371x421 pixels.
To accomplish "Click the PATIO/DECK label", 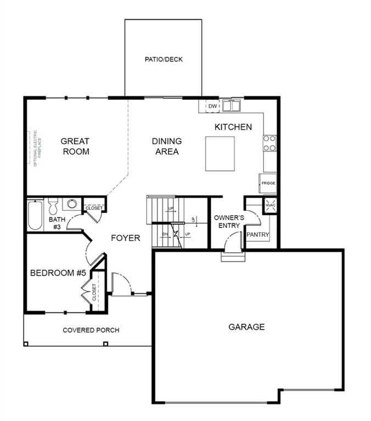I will pos(164,59).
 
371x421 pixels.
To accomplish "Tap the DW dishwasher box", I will pos(213,106).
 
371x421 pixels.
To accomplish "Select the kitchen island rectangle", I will pos(220,153).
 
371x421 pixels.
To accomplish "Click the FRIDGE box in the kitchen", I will pos(268,183).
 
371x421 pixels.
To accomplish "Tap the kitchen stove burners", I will pos(269,143).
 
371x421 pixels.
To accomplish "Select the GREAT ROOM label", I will pos(75,146).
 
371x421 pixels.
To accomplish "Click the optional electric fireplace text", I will pos(34,149).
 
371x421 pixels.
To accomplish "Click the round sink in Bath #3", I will pos(71,204).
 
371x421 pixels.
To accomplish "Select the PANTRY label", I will pos(258,235).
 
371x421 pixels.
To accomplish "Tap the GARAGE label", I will pos(246,327).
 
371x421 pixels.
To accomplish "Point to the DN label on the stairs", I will pos(164,235).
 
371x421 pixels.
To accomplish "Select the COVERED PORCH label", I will pos(91,330).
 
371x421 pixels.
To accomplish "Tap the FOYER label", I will pos(126,238).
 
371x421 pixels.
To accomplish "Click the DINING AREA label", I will pos(167,146).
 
